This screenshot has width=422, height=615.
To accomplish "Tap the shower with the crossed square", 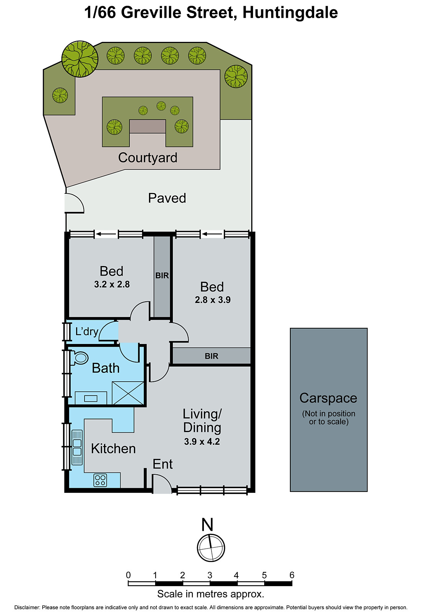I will coord(128,393).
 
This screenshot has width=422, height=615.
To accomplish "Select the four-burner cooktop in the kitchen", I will coord(100,480).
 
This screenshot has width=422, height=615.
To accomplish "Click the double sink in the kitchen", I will coord(77,448).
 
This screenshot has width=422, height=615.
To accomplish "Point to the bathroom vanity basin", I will coord(91,398).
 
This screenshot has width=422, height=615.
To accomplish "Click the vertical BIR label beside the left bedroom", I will coord(162,276).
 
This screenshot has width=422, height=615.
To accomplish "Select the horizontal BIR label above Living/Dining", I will coord(211,356).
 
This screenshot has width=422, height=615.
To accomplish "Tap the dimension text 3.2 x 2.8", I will coord(112,284).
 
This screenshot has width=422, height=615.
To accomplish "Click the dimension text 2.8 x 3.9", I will coord(212,300).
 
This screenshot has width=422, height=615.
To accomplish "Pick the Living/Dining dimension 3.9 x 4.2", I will coord(202,442).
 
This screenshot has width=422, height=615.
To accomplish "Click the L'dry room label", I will coord(87,331).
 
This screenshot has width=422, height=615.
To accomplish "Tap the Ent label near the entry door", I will coord(162,464).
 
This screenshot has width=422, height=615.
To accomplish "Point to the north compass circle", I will coord(211,548).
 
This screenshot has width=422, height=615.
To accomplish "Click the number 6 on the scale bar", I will coord(292,575).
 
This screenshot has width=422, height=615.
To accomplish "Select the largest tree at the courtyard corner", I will coord(80,59).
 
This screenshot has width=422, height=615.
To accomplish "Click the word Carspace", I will coord(328,398).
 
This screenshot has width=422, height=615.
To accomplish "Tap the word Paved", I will coord(167,198).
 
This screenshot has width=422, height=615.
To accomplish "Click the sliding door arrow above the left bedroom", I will coord(106,234).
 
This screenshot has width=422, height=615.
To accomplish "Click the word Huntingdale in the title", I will coord(290,13).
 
